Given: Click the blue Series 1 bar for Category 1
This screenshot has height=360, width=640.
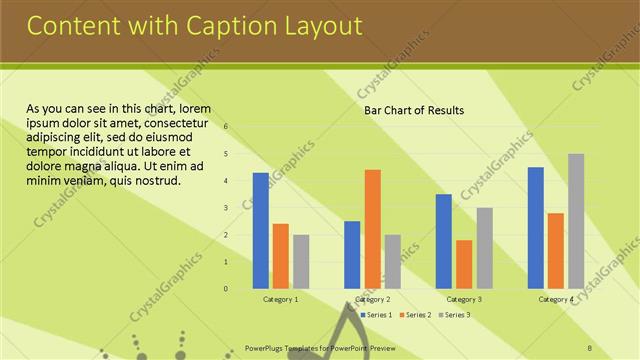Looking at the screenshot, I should pos(261,231).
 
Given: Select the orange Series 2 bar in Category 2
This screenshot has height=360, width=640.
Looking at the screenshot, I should pos(372,229).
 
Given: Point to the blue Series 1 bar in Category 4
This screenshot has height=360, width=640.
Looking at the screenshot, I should pos(536,228).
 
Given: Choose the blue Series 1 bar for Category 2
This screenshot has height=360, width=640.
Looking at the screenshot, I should pos(352,255).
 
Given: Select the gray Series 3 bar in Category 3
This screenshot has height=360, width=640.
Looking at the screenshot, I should pos(484,248).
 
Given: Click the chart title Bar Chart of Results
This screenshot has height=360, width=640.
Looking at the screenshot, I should pos(414,110).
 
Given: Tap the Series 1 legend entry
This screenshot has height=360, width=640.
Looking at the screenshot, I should pos(375,315).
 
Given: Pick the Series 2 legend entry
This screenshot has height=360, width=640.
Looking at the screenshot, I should pos(414,315).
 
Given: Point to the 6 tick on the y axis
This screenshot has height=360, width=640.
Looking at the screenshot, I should pos(227,127).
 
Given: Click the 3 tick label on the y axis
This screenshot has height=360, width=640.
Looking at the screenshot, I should pos(227,208).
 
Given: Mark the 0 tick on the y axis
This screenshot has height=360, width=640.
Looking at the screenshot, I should pos(227,289).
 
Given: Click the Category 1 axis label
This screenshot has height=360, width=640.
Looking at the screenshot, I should pos(281,299).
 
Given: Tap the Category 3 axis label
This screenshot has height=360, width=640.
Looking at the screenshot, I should pos(464,299).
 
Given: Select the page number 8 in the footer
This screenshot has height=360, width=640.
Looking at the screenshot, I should pos(590,348).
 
